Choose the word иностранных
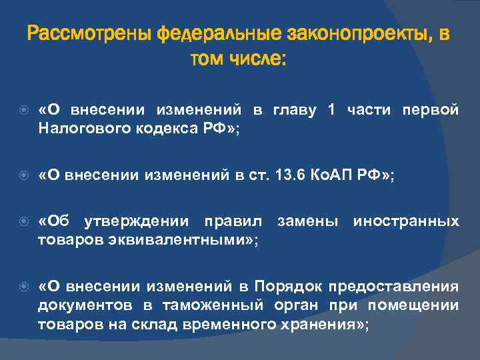point(406,221)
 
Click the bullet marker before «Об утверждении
point(22,221)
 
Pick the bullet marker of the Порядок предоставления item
point(22,287)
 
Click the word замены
point(308,221)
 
